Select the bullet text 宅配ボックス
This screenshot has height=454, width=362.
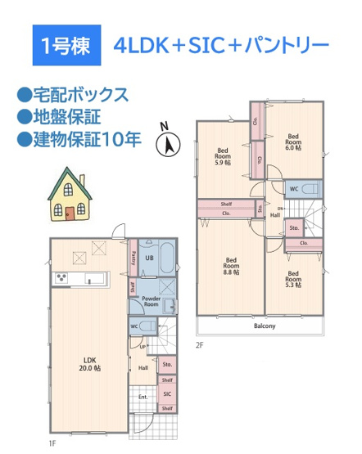tap(79, 94)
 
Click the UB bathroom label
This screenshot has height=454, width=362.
tap(149, 258)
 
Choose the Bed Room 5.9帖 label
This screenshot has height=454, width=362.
tap(222, 155)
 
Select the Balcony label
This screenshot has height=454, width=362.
tap(264, 326)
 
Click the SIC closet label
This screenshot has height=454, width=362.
tap(166, 393)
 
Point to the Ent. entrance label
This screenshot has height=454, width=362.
tap(143, 398)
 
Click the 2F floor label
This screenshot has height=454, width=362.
tap(199, 345)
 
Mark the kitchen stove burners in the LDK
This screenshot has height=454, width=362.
tap(61, 279)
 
